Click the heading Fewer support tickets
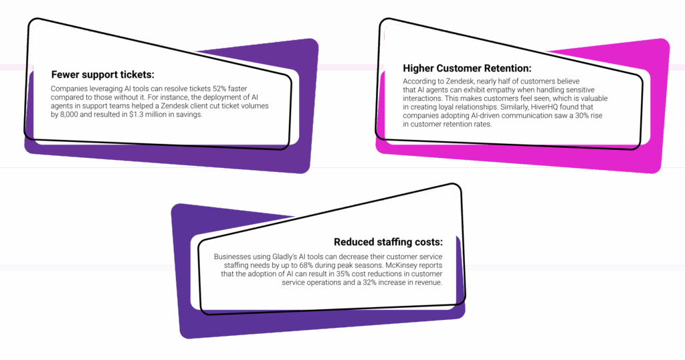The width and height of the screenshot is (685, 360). (102, 74)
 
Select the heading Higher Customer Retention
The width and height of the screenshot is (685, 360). (467, 68)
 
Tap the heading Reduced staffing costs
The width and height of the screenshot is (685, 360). (388, 242)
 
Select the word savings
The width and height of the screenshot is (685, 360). (187, 115)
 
